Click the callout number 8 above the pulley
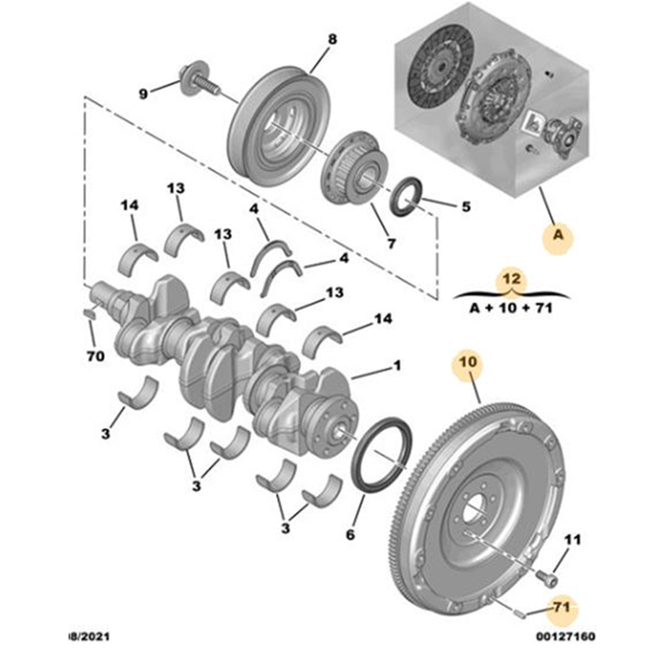[x=332, y=39]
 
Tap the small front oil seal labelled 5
[x=406, y=196]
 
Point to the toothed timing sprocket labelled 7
[x=354, y=168]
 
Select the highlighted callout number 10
[x=468, y=362]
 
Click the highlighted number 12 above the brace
[x=511, y=279]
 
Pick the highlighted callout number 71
[x=561, y=608]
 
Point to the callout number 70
[x=95, y=356]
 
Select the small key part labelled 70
[x=90, y=314]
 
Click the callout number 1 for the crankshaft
[x=397, y=365]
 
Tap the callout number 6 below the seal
[x=350, y=535]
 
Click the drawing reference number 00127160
[x=565, y=636]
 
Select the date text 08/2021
[x=89, y=636]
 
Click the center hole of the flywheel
[x=474, y=508]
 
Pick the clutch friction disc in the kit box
[x=440, y=67]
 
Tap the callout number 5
[x=466, y=207]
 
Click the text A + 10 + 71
[x=511, y=308]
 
